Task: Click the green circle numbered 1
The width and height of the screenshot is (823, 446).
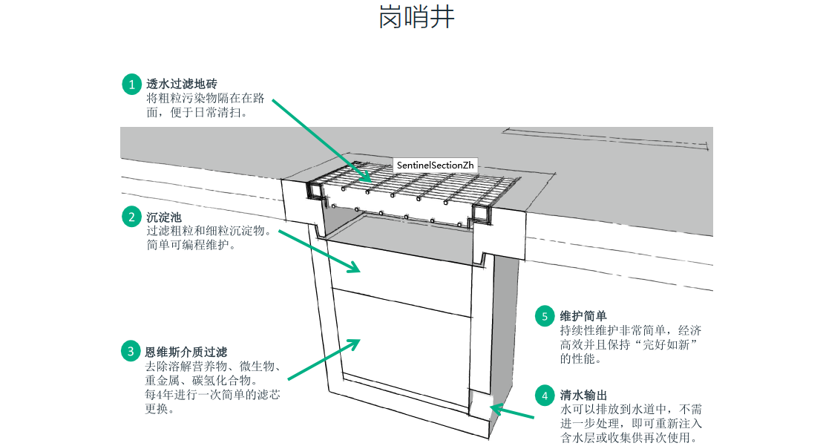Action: (132, 85)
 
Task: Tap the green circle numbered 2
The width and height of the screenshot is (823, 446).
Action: (132, 217)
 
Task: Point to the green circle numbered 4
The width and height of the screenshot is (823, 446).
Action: (545, 396)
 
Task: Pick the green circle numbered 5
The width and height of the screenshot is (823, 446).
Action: (545, 316)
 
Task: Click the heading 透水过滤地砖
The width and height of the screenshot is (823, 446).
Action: (182, 85)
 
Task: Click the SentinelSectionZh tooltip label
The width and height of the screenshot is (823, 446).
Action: (436, 165)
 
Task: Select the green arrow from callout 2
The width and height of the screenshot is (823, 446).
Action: (319, 252)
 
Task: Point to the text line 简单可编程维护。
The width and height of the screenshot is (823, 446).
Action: (191, 245)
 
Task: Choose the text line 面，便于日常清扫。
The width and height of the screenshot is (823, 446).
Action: (197, 114)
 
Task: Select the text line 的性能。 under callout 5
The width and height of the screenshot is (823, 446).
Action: (581, 358)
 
